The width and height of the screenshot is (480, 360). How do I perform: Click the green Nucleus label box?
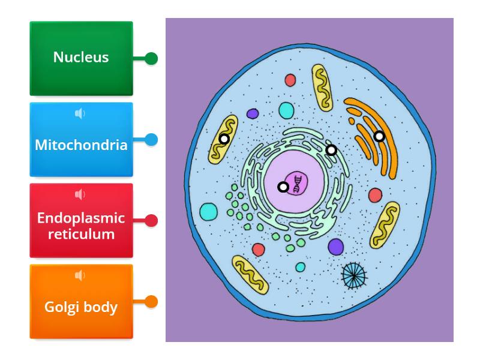[81, 58]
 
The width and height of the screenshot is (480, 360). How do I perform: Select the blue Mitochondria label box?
[81, 140]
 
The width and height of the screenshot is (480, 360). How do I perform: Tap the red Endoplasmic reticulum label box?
[81, 221]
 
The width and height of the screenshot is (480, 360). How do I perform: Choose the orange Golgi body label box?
[81, 302]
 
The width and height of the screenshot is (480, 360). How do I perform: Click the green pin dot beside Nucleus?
[152, 59]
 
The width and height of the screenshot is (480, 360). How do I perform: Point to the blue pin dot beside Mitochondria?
[152, 140]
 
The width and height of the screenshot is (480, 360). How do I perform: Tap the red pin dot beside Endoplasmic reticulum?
[152, 221]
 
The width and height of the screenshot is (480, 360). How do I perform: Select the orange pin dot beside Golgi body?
[152, 302]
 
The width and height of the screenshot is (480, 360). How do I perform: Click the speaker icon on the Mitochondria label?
[80, 113]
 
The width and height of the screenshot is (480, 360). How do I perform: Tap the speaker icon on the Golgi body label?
[80, 275]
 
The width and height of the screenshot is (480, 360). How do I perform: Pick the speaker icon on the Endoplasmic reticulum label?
[80, 194]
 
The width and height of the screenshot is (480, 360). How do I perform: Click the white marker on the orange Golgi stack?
[379, 136]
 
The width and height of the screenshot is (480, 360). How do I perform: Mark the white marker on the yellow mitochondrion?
[224, 139]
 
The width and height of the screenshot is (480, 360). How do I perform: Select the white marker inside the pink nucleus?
[283, 187]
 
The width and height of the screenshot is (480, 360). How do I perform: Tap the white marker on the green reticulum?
[331, 150]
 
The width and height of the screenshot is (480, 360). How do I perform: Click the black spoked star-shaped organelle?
[353, 274]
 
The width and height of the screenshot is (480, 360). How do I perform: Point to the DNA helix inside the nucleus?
[297, 184]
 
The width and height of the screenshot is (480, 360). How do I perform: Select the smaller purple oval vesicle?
[253, 113]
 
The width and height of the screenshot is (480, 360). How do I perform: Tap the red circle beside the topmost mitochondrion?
[290, 79]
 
